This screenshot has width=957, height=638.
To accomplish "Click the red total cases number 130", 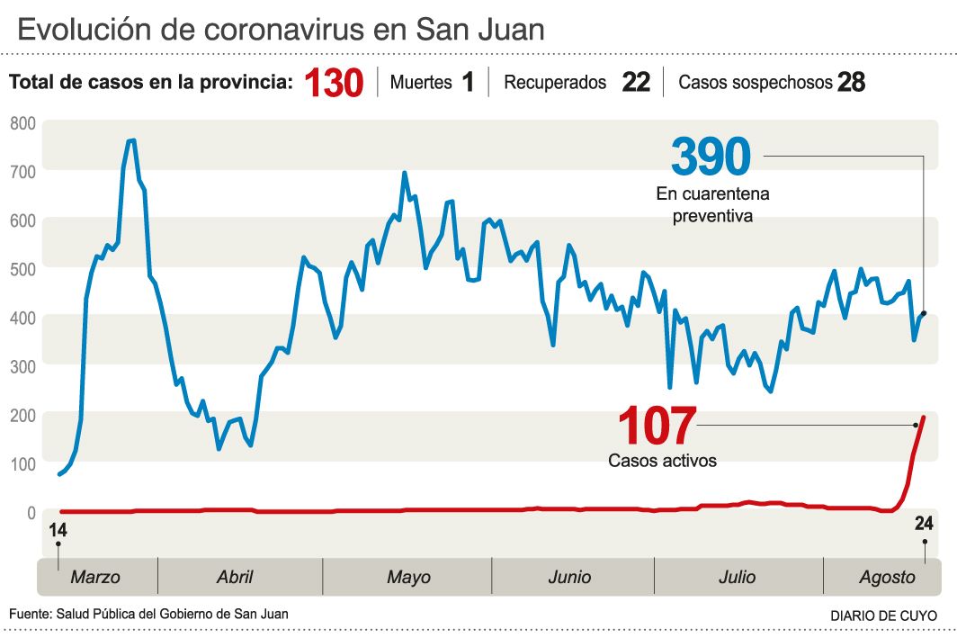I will pos(333,84).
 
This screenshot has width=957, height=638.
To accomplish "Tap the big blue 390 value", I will pos(711,157).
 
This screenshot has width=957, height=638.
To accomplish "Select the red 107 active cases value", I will pos(657,427).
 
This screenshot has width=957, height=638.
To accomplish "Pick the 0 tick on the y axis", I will pos(31,513).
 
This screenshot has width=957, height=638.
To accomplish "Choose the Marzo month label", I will pos(95,578).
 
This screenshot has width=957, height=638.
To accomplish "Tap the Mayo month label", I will pos(408,578).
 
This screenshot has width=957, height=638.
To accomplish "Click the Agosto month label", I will pos(886,578).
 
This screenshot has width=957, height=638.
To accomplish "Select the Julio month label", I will pos(737,578).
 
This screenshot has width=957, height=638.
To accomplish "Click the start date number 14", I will pos(58,530).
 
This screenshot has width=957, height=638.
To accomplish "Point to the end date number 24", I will pos(924,525).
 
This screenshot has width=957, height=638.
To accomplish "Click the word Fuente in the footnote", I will pos(30,614).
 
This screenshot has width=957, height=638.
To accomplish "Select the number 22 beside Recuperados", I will pos(635,83).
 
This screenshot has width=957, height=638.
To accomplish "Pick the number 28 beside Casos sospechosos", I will pos(851,83).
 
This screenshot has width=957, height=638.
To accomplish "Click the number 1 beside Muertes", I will pos(468,83).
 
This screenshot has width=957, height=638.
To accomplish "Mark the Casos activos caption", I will pos(663,461).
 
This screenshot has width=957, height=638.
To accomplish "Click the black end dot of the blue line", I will pos(925,313).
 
